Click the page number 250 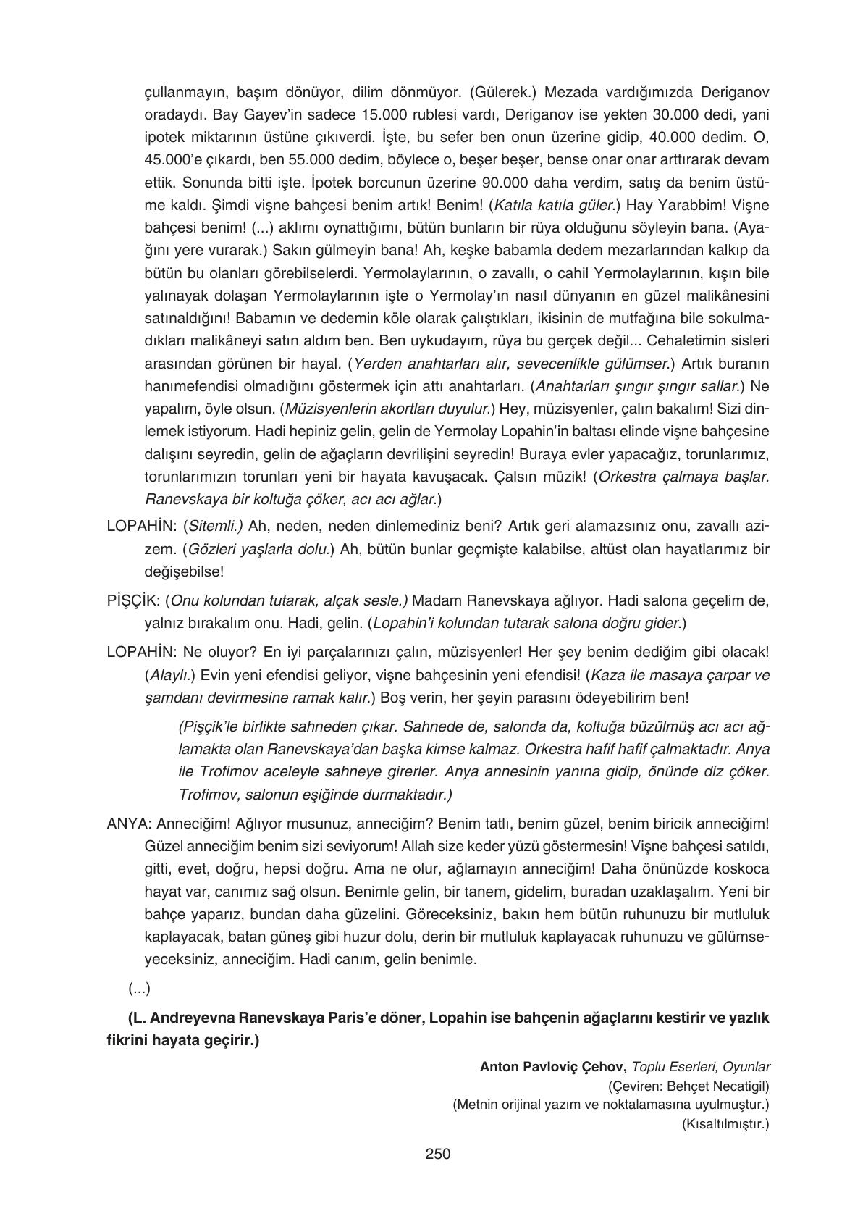coord(437,1154)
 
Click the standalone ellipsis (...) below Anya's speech coord(139,988)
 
